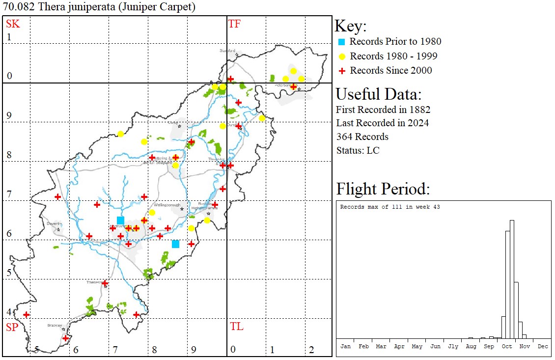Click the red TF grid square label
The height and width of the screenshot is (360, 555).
[x=234, y=24]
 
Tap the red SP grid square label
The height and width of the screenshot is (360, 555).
[x=12, y=327]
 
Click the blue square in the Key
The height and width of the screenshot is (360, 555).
[x=342, y=42]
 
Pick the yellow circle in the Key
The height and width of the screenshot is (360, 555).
[x=342, y=56]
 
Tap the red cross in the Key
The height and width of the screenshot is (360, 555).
[x=342, y=71]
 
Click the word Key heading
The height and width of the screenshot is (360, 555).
[x=350, y=27]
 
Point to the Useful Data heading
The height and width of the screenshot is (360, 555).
[x=378, y=94]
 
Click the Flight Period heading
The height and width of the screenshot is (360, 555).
[x=383, y=189]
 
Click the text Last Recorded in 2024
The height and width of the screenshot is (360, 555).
[x=382, y=123]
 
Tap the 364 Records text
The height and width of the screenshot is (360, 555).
[x=362, y=137]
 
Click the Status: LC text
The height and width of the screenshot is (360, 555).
[x=358, y=150]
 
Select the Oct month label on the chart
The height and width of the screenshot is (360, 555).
[x=507, y=346]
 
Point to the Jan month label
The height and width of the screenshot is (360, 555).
[x=346, y=346]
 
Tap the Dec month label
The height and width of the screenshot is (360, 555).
[x=543, y=346]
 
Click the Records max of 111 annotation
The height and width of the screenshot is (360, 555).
[x=389, y=207]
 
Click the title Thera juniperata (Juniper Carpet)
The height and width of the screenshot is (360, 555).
[x=99, y=7]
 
